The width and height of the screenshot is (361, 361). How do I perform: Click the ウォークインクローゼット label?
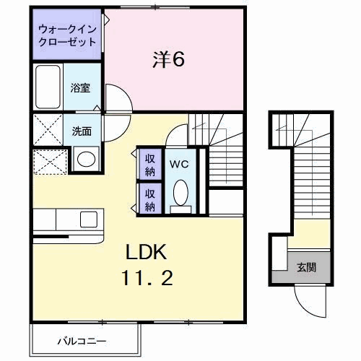coord(66,35)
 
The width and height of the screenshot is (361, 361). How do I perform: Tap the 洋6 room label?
coord(169,60)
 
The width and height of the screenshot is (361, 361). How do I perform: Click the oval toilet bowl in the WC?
coord(180,193)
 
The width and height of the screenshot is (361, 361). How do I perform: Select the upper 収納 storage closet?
coord(150,163)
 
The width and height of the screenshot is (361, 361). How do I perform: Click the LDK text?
coord(148,252)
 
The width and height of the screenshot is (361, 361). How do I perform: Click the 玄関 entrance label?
coord(306,268)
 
